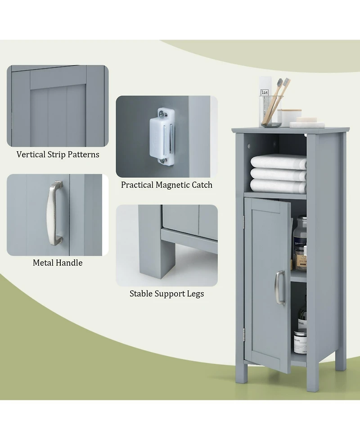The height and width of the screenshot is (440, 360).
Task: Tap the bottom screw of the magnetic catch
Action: (162, 160)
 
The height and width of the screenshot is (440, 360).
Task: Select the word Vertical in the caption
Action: (31, 154)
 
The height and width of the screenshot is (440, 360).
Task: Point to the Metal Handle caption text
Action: (58, 263)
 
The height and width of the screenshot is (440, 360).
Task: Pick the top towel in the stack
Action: (278, 161)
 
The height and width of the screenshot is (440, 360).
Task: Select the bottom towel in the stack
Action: (278, 186)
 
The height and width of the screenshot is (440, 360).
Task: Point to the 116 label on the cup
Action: (265, 92)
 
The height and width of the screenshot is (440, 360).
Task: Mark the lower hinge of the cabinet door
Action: (244, 333)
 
